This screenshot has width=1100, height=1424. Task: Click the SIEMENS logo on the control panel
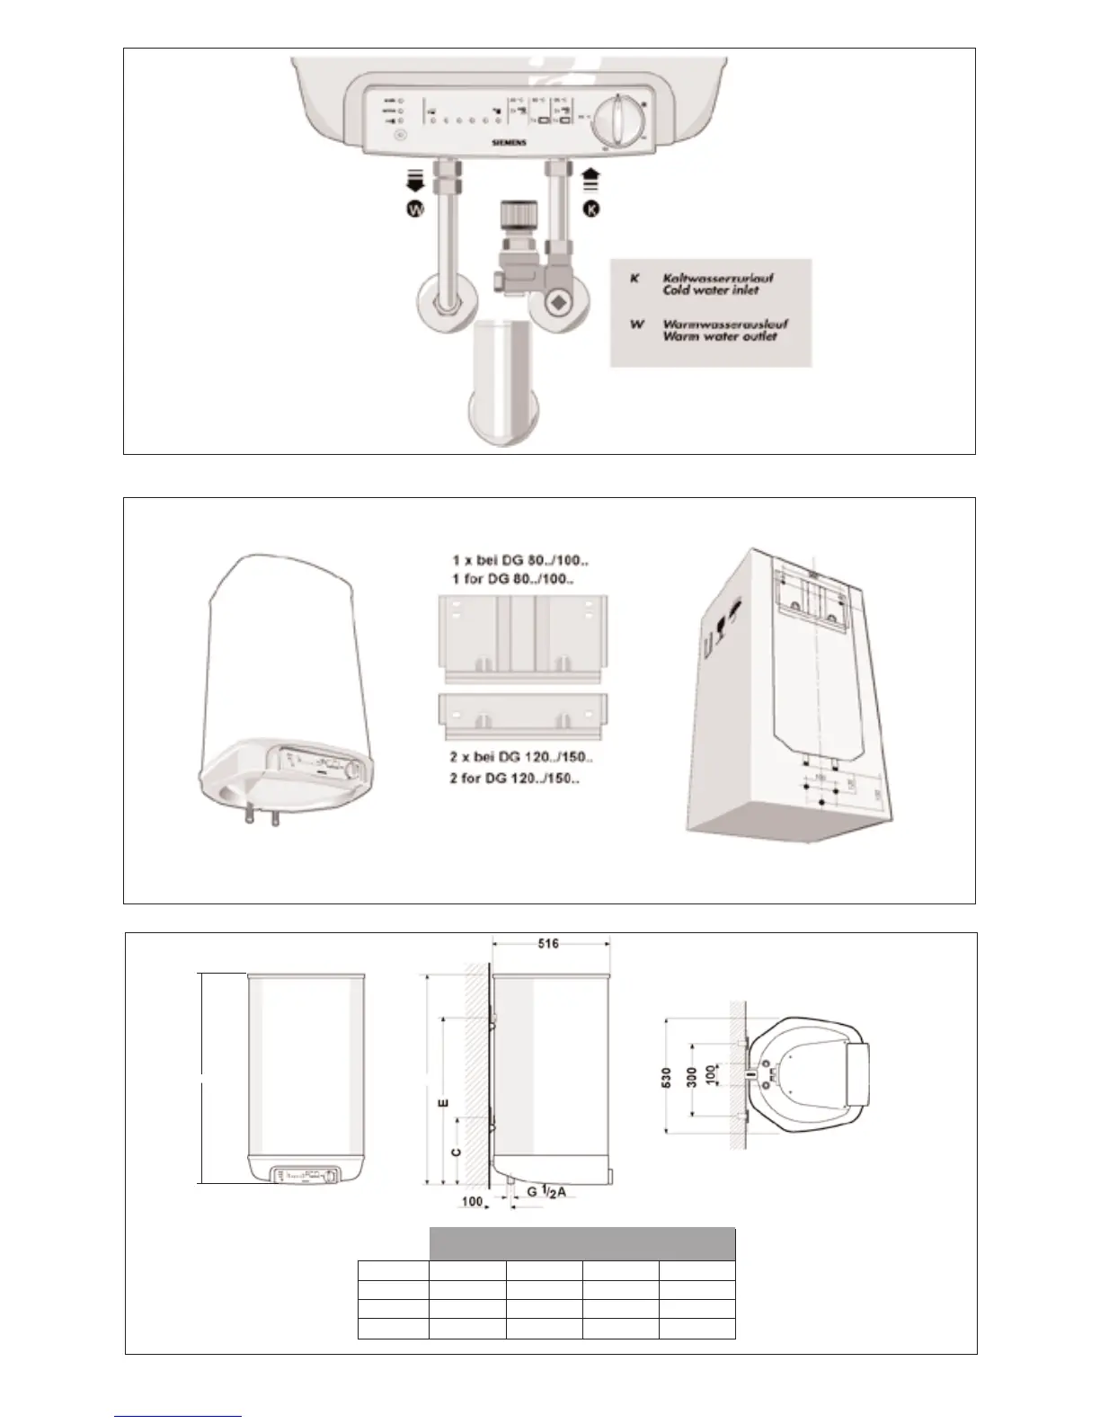coord(508,142)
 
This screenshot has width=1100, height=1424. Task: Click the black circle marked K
coord(591,209)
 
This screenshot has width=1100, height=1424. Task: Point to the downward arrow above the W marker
coord(415,181)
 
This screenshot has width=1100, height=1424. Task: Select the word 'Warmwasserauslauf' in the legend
coord(725,324)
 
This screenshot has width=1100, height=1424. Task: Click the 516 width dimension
coord(549,944)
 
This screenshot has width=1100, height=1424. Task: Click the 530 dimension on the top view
coord(667,1075)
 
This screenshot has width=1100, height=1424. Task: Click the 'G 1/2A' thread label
coord(546,1192)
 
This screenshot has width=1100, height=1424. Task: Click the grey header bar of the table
coord(582,1243)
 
